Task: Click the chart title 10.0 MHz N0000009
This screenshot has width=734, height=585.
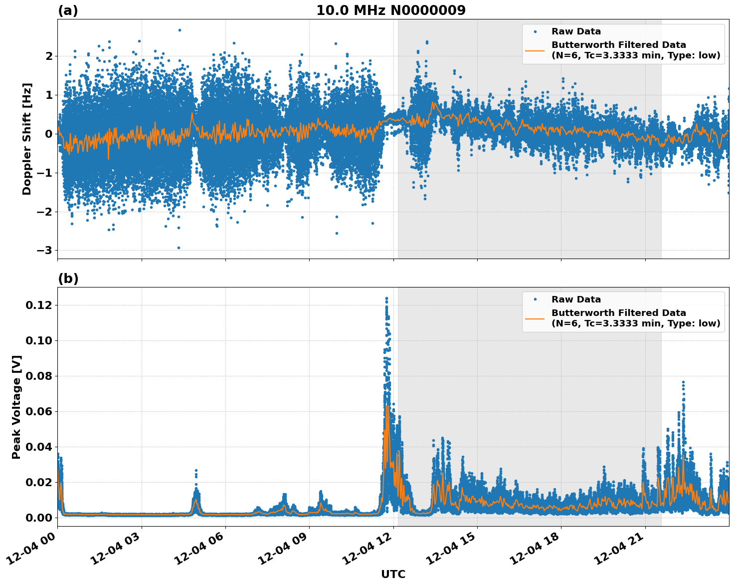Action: click(x=390, y=10)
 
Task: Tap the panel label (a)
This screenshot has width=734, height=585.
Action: click(x=68, y=10)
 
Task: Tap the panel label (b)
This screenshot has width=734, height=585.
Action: click(x=68, y=279)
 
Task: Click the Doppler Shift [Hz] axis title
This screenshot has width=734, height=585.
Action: click(x=27, y=139)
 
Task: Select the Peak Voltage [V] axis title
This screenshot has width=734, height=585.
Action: click(x=16, y=407)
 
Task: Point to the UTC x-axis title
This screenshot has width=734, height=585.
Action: click(x=393, y=574)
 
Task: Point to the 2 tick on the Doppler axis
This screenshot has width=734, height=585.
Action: click(x=48, y=56)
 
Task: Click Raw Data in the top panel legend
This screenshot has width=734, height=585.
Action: click(x=576, y=31)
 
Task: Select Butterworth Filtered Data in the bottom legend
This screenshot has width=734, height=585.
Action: click(x=618, y=313)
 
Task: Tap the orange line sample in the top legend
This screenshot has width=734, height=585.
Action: click(x=535, y=50)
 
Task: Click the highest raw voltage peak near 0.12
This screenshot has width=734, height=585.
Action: click(x=386, y=298)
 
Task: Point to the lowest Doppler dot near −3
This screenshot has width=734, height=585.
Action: click(x=179, y=248)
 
